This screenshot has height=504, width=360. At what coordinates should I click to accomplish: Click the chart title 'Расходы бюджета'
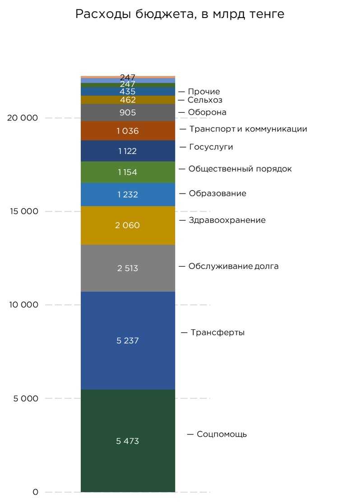click(x=180, y=14)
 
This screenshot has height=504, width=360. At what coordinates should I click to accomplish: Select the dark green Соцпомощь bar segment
click(x=128, y=465)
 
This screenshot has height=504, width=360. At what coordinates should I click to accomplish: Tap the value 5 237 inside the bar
click(x=128, y=341)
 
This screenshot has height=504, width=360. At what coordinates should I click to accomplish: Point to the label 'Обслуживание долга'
click(x=233, y=266)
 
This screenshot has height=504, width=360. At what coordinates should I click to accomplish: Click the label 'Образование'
click(x=217, y=194)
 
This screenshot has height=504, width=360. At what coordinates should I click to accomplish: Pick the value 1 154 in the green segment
click(x=128, y=172)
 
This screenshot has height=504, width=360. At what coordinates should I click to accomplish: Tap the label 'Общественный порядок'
click(x=240, y=169)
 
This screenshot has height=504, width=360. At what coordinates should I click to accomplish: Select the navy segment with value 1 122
click(x=128, y=151)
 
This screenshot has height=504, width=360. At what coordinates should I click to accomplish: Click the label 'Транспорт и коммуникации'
click(x=248, y=129)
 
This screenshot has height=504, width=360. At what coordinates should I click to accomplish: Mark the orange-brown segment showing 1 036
click(x=128, y=131)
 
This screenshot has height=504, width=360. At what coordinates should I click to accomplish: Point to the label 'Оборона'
click(x=207, y=112)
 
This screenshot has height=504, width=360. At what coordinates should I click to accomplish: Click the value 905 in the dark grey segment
click(x=128, y=112)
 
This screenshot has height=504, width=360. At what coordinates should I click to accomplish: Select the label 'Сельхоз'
click(x=205, y=100)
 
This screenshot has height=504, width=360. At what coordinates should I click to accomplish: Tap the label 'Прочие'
click(x=204, y=92)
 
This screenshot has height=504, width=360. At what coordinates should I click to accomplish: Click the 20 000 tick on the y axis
click(x=23, y=118)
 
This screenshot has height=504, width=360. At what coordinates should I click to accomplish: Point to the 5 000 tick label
click(x=25, y=399)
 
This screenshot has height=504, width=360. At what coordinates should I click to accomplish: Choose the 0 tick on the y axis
click(x=36, y=492)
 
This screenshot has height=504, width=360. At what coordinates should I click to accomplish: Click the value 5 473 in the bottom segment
click(x=128, y=441)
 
